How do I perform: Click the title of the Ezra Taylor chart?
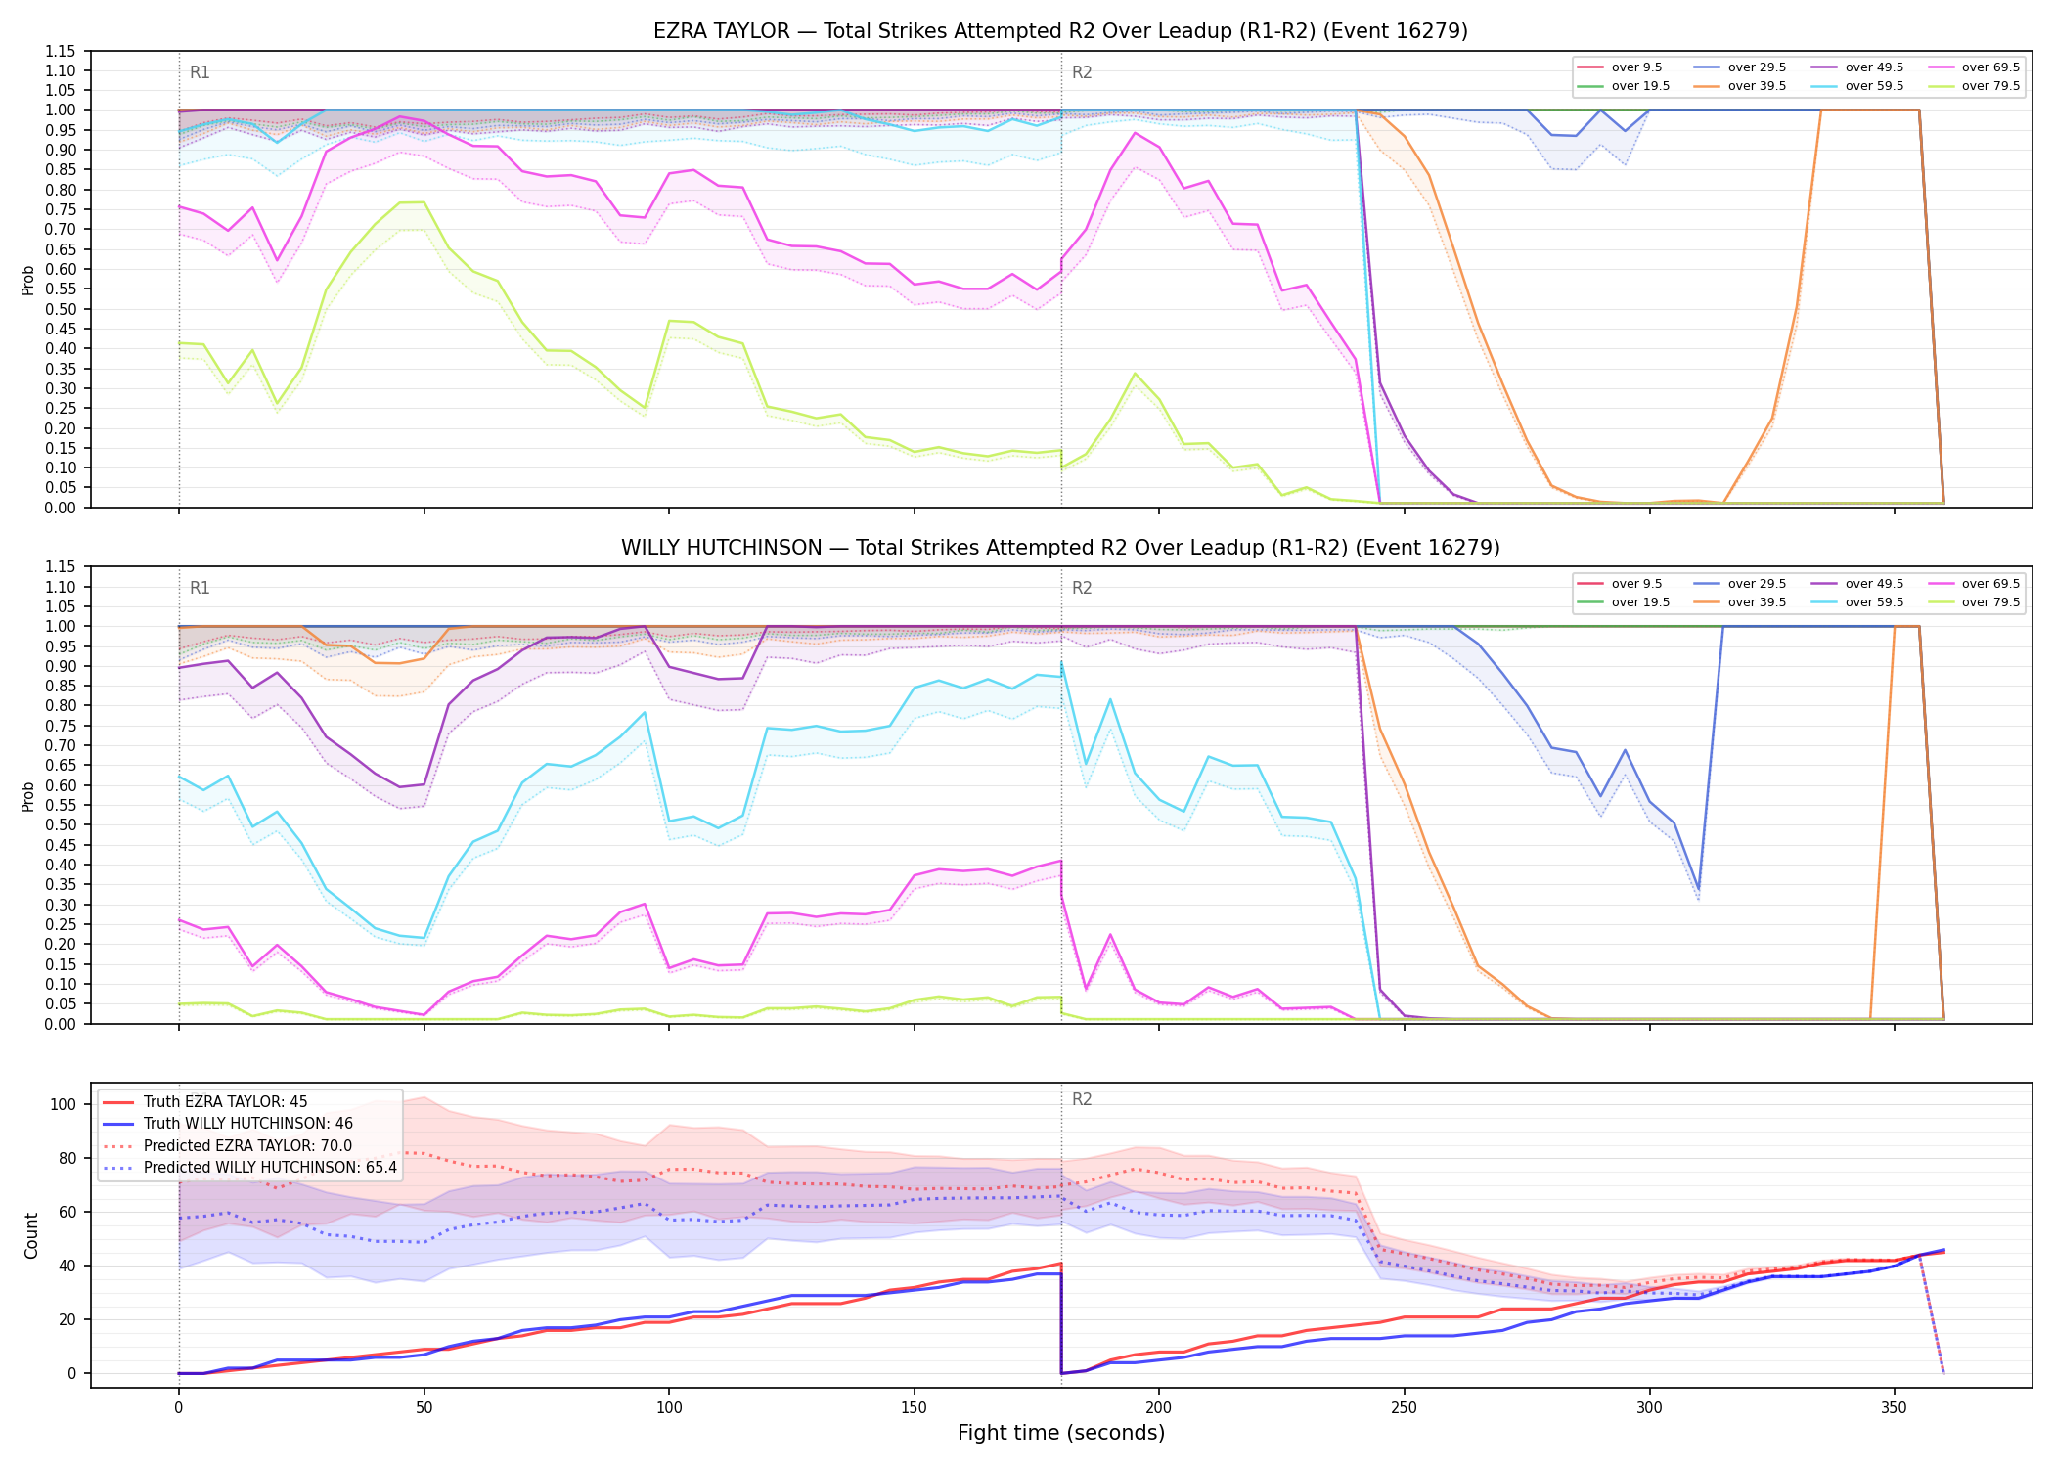click(x=1060, y=31)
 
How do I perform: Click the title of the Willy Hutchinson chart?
click(x=1060, y=548)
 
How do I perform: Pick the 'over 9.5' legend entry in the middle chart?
click(x=1619, y=584)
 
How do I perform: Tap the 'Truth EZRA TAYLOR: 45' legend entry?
click(x=204, y=1102)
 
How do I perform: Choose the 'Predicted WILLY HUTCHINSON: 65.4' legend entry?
click(x=249, y=1168)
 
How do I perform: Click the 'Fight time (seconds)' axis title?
click(x=1061, y=1433)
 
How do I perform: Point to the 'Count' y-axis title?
click(x=31, y=1235)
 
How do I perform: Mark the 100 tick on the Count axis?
click(x=63, y=1104)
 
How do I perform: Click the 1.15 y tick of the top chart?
click(x=61, y=51)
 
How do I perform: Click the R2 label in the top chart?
click(x=1082, y=72)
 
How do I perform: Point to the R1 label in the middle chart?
click(x=200, y=588)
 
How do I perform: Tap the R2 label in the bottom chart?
click(x=1082, y=1099)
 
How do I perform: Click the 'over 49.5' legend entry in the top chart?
click(x=1857, y=67)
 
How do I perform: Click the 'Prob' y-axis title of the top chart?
click(x=28, y=280)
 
